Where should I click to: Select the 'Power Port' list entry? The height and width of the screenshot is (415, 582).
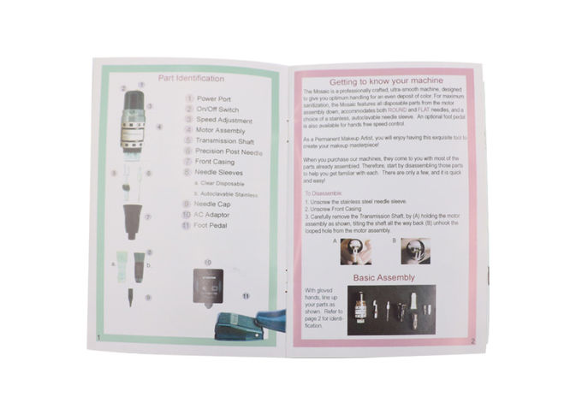214,98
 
